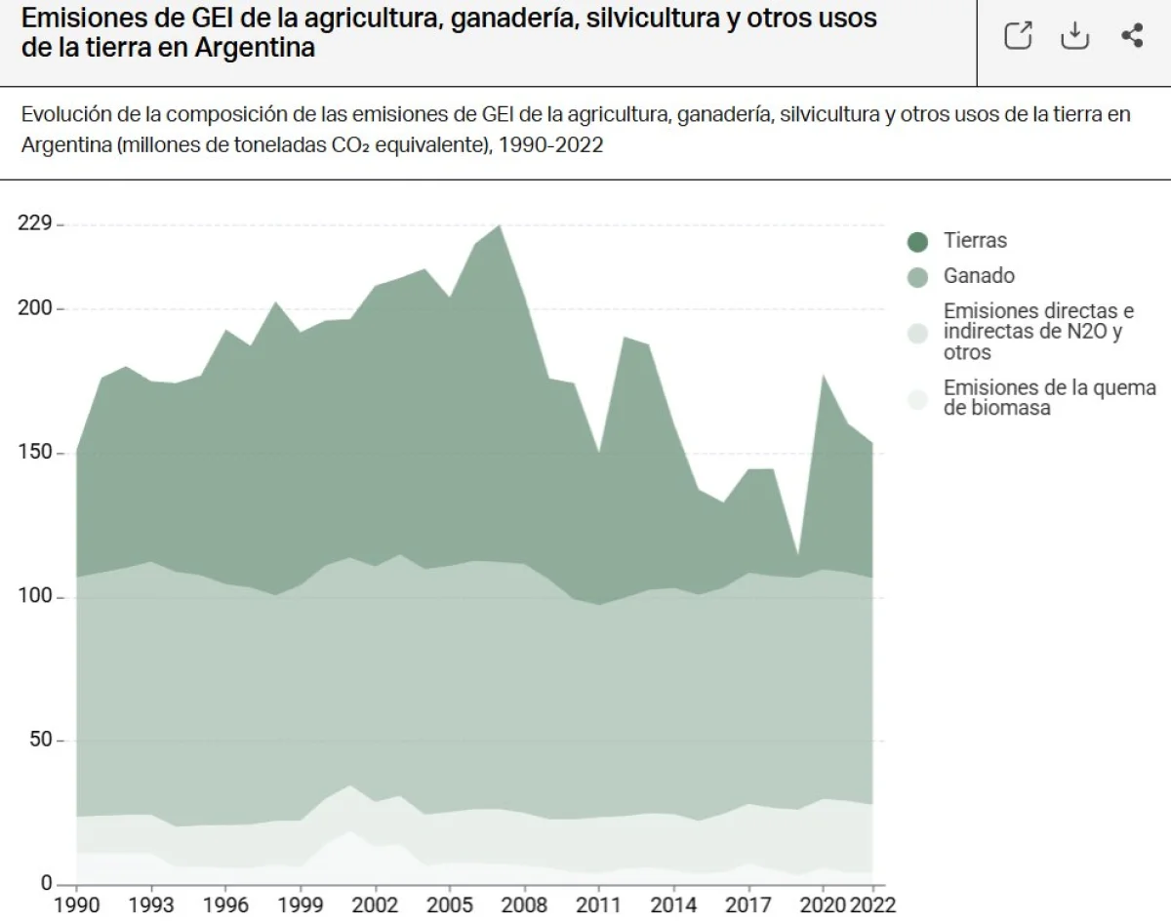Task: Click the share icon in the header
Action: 1132,36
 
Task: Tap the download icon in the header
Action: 1074,36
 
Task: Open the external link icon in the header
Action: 1018,36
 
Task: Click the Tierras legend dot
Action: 917,241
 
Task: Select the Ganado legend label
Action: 979,276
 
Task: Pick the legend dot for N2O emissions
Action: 917,333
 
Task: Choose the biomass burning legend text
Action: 1049,398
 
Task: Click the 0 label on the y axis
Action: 45,883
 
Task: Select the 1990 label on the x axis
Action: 77,903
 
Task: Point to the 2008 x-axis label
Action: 524,903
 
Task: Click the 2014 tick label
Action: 673,903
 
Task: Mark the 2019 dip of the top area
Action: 798,556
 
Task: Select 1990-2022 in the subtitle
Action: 549,145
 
